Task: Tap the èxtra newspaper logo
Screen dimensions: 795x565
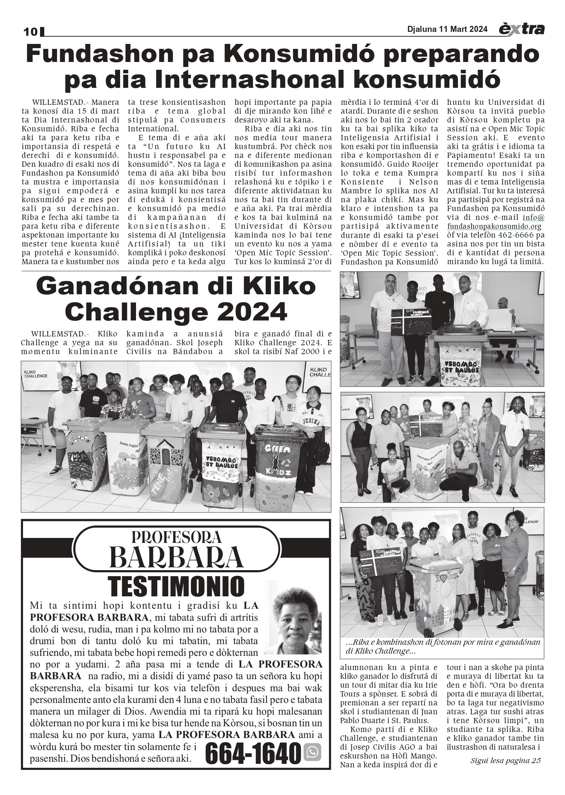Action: pos(521,30)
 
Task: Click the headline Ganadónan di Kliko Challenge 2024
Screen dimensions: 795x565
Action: pos(176,299)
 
